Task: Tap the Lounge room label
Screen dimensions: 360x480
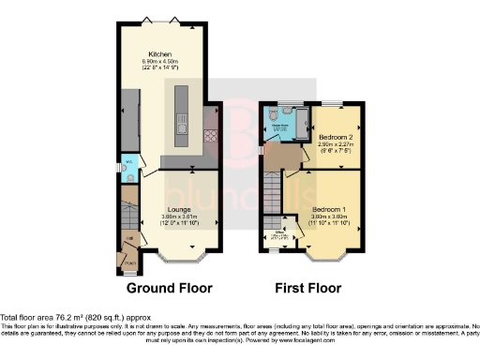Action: pyautogui.click(x=179, y=209)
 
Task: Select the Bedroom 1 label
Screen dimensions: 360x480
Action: pyautogui.click(x=329, y=208)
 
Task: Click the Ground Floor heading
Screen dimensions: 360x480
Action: pyautogui.click(x=169, y=288)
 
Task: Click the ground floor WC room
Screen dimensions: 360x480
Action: pyautogui.click(x=127, y=171)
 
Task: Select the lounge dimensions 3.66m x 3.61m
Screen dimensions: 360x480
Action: pyautogui.click(x=179, y=219)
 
